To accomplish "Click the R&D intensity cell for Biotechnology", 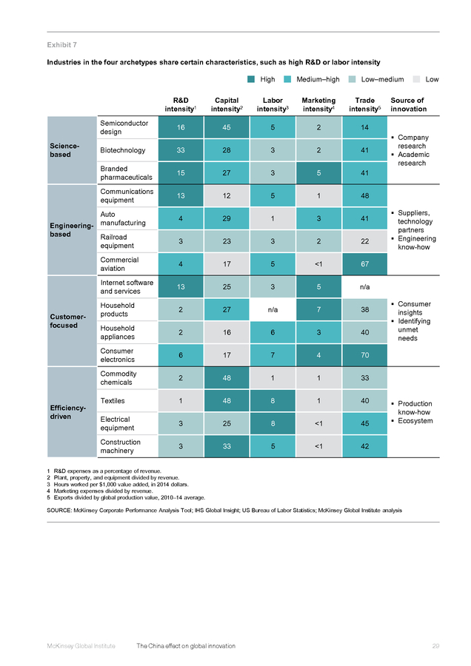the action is tap(181, 150).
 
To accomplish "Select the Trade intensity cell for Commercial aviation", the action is tap(364, 263).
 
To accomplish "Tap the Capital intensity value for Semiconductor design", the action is tap(227, 127).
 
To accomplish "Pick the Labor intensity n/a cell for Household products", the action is tap(273, 309).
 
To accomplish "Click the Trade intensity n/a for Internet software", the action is tap(364, 286).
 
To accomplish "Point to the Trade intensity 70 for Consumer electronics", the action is tap(364, 355).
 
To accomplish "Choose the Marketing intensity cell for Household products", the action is tap(319, 309).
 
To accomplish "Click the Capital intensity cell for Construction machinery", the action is tap(227, 446).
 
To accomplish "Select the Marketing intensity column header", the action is tap(319, 104).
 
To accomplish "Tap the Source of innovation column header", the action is tap(409, 104).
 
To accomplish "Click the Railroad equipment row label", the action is tap(117, 241).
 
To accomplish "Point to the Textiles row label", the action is tap(113, 400).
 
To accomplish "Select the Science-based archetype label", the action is tap(64, 150).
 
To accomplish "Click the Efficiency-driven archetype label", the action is tap(68, 412).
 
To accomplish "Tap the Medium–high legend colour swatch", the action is tap(287, 79).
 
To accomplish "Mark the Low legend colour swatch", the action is tap(417, 79).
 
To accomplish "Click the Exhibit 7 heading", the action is tap(62, 45).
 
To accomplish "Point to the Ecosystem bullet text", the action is tap(415, 421).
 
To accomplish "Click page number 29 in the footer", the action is tap(435, 646).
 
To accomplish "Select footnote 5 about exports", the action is tap(126, 497).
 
